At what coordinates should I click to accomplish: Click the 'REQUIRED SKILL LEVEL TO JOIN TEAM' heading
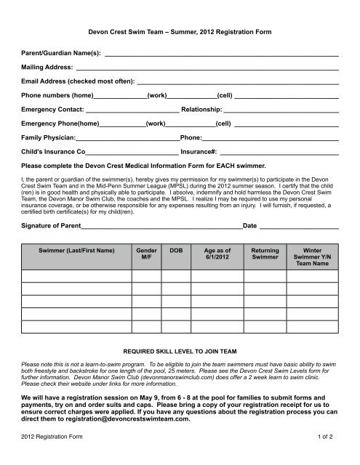(x=180, y=349)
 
